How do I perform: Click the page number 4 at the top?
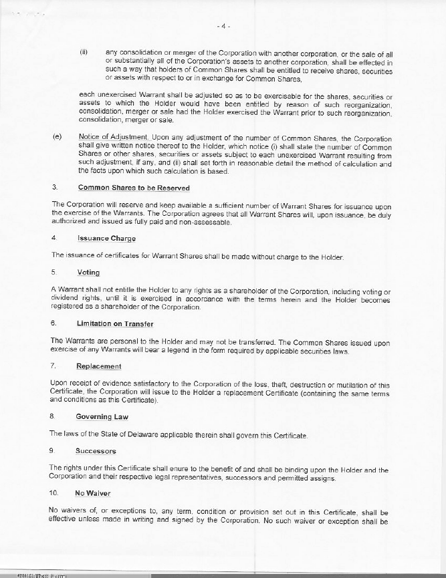coord(223,27)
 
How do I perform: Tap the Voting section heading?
coord(88,273)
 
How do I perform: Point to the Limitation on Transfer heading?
coord(115,323)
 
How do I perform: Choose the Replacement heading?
coord(98,366)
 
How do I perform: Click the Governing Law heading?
coord(102,417)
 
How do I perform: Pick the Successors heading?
coord(96,451)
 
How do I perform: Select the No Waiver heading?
coord(92,494)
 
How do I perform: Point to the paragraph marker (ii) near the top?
coord(84,51)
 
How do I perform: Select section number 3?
coord(53,188)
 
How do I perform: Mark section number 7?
coord(53,366)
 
